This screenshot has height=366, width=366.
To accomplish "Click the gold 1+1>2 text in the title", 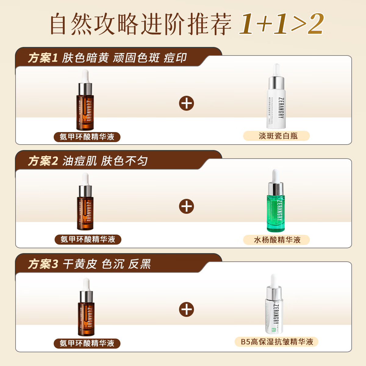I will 281,24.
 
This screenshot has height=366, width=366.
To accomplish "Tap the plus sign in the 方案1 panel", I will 187,103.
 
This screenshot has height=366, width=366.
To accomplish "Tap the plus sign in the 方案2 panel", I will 187,206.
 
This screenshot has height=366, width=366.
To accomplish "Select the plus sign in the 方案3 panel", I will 187,310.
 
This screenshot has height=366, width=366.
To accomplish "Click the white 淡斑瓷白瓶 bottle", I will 277,101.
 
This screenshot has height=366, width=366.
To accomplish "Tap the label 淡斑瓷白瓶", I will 276,136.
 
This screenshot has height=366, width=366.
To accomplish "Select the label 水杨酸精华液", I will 276,240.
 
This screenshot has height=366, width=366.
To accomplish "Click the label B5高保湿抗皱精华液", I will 276,342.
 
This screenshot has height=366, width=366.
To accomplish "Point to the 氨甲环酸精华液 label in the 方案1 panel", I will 87,137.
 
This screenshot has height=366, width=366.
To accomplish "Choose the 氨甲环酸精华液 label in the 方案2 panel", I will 88,239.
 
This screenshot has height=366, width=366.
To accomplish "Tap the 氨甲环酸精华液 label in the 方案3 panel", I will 87,343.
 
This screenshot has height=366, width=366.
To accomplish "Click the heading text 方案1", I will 43,58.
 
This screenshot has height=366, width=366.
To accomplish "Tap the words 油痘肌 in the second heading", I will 80,161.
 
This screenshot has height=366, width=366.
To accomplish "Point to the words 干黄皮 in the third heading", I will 80,264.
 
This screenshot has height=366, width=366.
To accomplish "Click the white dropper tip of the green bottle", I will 275,175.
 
